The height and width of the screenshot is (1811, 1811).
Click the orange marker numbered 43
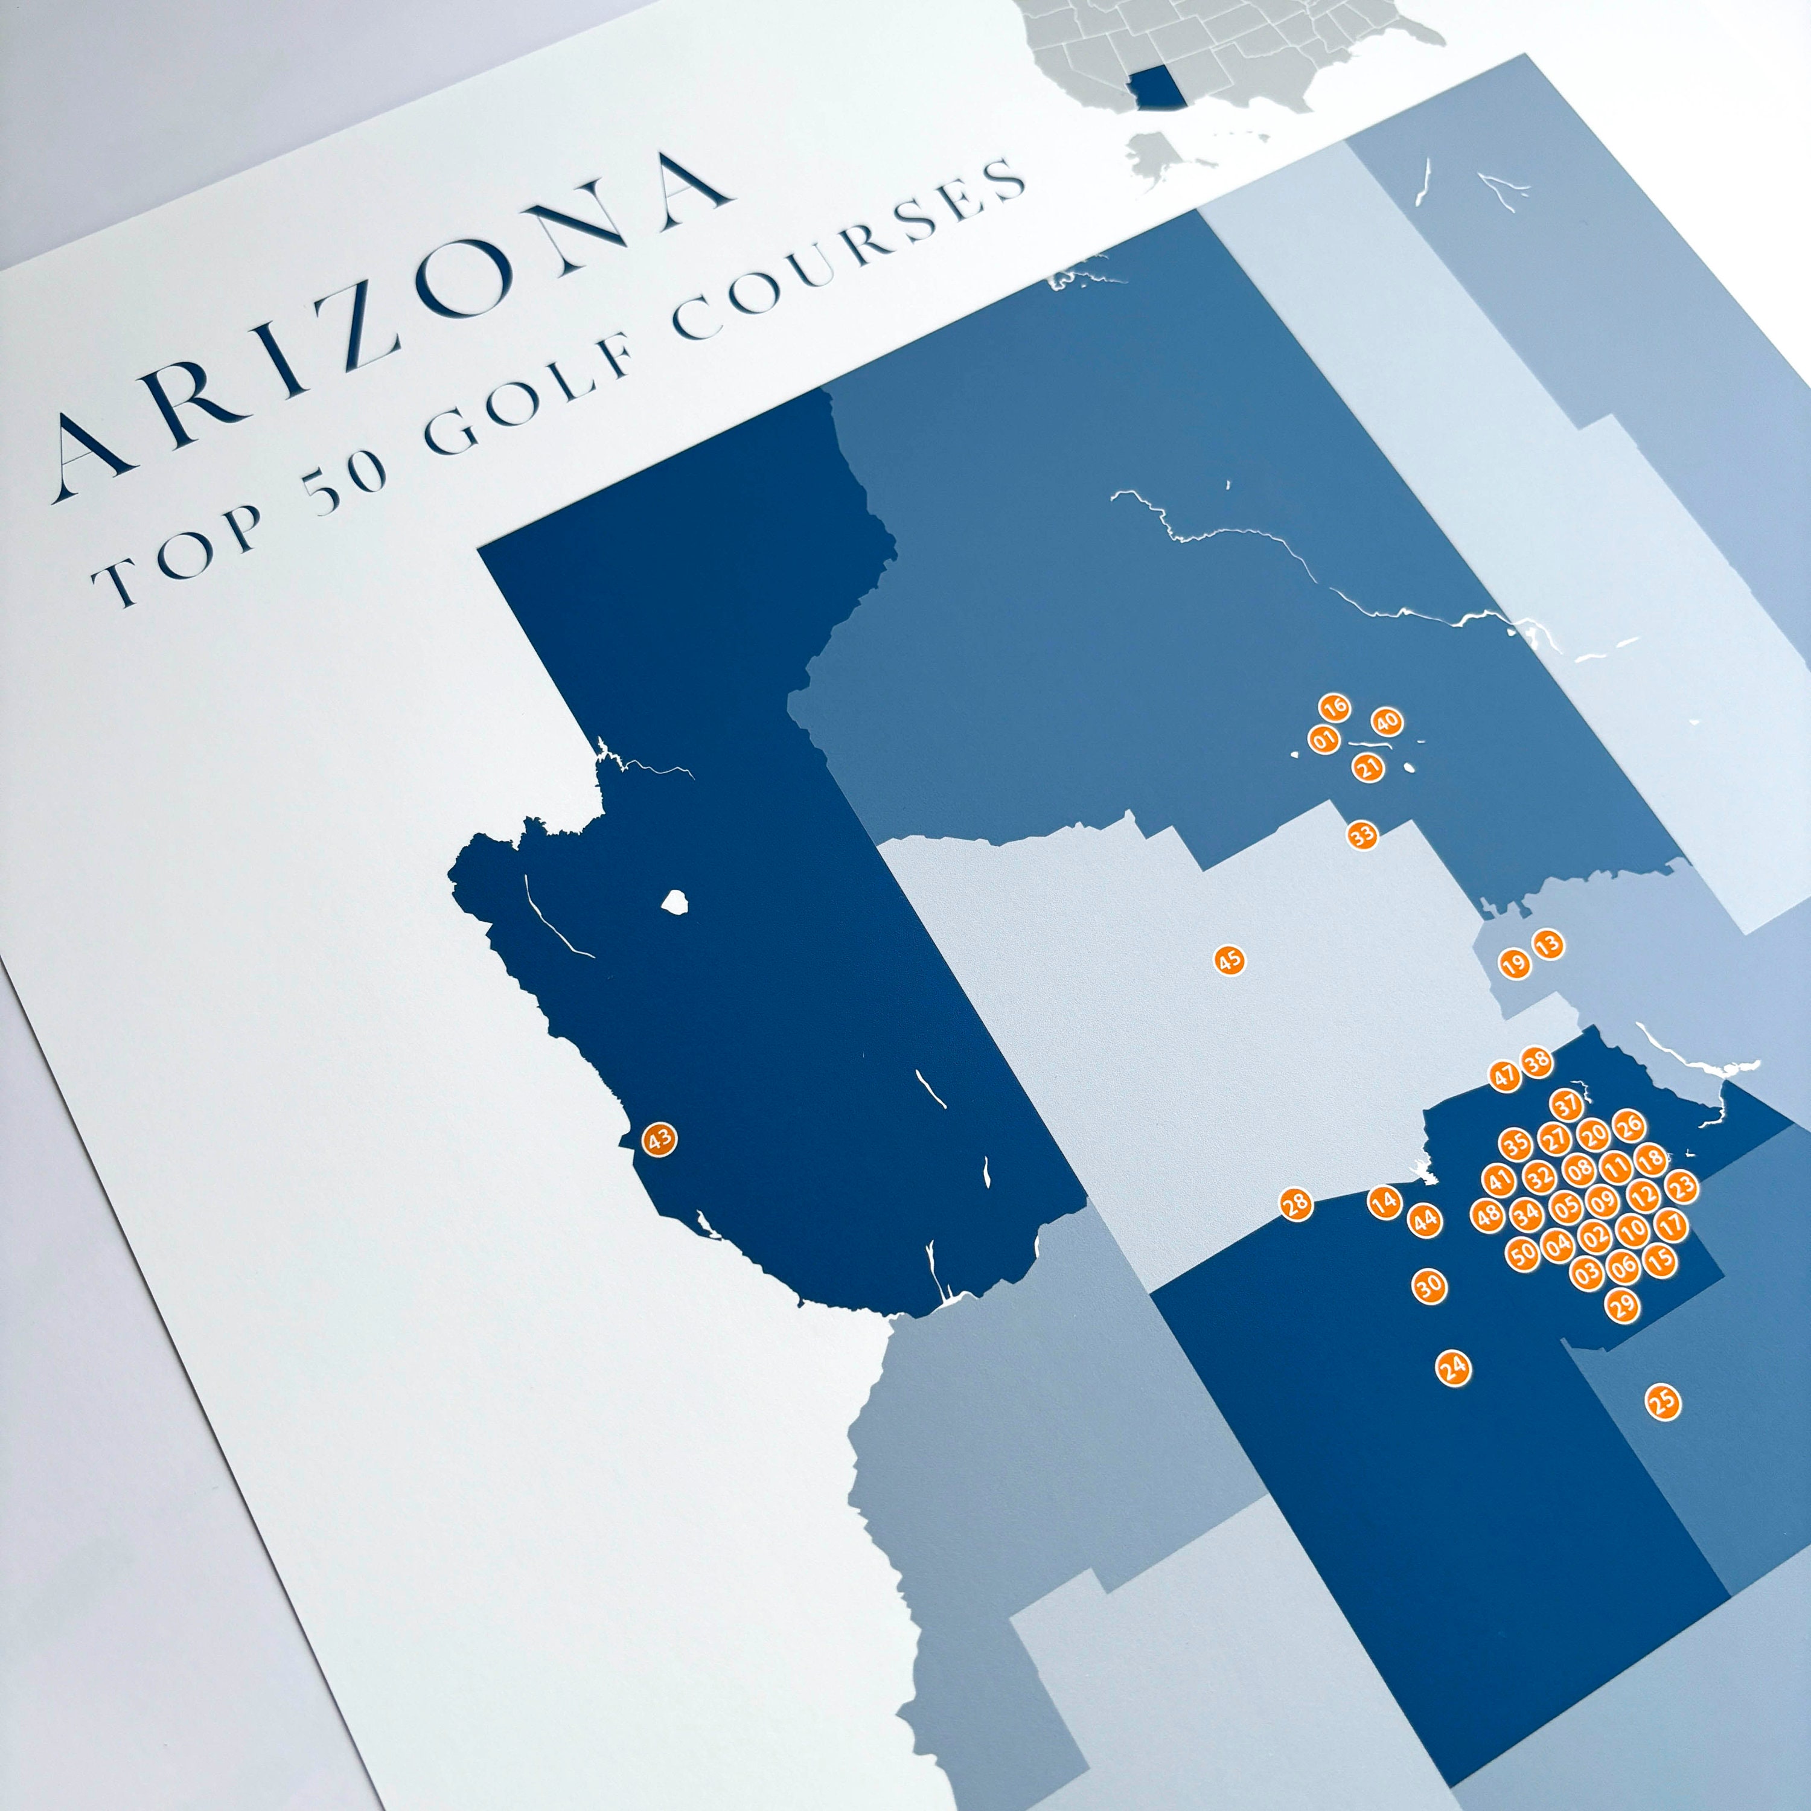(x=659, y=1139)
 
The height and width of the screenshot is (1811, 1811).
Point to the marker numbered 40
(x=1387, y=723)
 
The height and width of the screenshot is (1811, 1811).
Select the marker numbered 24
(x=1454, y=1369)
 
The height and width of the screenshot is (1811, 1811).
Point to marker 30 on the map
(x=1429, y=1286)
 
